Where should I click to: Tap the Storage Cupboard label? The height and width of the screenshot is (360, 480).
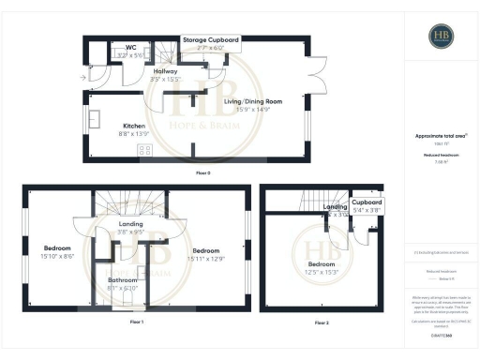(211, 40)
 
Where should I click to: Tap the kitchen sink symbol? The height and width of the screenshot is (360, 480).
(97, 121)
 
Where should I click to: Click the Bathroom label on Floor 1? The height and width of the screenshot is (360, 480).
(123, 280)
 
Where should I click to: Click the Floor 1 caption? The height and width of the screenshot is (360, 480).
(137, 322)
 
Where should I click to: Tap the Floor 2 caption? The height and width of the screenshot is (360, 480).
(322, 322)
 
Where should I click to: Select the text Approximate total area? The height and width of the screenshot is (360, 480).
(440, 136)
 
